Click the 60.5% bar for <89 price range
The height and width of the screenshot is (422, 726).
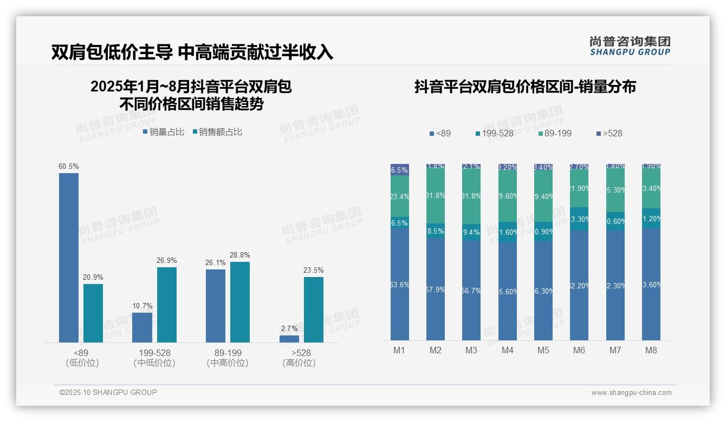69,258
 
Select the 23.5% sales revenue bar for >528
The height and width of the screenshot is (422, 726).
313,309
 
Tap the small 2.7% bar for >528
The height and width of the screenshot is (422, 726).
289,339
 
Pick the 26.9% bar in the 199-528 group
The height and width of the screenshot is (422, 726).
166,305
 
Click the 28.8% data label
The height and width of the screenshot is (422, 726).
239,255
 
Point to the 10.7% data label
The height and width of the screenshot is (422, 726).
142,306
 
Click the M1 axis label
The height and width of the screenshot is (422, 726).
399,350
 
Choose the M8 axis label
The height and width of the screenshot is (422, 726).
651,350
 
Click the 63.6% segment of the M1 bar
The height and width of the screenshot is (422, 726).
400,285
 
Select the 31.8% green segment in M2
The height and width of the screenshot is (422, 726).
436,196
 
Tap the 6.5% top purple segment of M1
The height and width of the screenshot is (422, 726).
400,169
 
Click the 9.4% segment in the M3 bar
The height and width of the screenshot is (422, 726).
471,232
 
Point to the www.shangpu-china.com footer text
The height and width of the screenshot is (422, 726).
631,393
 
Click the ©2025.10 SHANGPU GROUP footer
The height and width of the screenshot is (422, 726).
108,392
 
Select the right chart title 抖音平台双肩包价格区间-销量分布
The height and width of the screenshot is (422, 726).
525,87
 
